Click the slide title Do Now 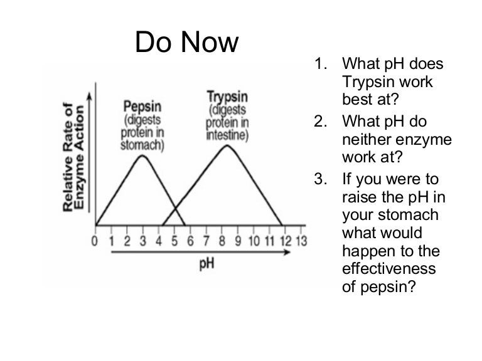tap(186, 42)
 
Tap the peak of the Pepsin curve tap(142, 155)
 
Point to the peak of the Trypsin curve tap(227, 145)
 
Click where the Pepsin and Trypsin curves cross tap(175, 209)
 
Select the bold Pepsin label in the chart tap(142, 107)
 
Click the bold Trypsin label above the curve tap(227, 97)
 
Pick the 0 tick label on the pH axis tap(95, 241)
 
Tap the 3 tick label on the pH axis tap(142, 241)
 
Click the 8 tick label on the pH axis tap(222, 241)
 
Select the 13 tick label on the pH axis tap(301, 241)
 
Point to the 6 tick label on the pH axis tap(190, 241)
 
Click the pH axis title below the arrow tap(206, 264)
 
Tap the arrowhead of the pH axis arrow tap(287, 252)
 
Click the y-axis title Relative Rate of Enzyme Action tap(73, 157)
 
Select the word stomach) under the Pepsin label tap(142, 145)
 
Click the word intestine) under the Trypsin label tap(227, 135)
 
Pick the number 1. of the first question tap(321, 64)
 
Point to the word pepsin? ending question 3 tap(388, 287)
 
